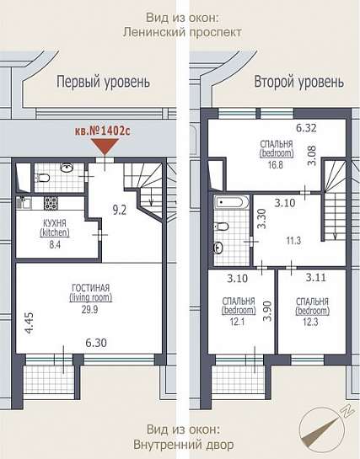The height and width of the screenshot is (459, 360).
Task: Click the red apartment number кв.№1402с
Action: pos(103,131)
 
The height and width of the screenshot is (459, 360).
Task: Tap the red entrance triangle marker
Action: pos(105,147)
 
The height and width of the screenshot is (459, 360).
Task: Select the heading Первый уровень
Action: pos(103,82)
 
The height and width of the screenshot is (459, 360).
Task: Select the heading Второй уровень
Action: pos(299,82)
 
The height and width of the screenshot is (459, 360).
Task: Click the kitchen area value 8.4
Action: pos(55,244)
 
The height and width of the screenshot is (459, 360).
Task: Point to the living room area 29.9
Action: pos(90,309)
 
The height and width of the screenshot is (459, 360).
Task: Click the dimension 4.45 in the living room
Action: pos(30,323)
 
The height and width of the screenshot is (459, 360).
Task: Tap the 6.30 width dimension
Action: pos(96,343)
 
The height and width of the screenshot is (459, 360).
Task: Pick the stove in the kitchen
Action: pos(51,203)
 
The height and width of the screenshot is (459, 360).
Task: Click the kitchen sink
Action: pos(23,203)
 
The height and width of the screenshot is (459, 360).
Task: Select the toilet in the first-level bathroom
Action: pos(42,178)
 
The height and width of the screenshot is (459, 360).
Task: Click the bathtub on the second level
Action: pos(231,202)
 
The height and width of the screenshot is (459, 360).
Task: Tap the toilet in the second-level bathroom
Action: pos(222,227)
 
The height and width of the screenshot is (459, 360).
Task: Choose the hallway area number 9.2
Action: pos(120,211)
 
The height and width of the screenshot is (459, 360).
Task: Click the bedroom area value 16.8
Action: pos(276,164)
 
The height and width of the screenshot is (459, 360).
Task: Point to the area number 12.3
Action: pos(311,323)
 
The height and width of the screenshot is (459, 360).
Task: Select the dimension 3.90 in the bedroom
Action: pos(267,312)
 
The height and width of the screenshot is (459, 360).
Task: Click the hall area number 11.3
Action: pos(293,241)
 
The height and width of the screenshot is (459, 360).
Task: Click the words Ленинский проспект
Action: pos(182,32)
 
